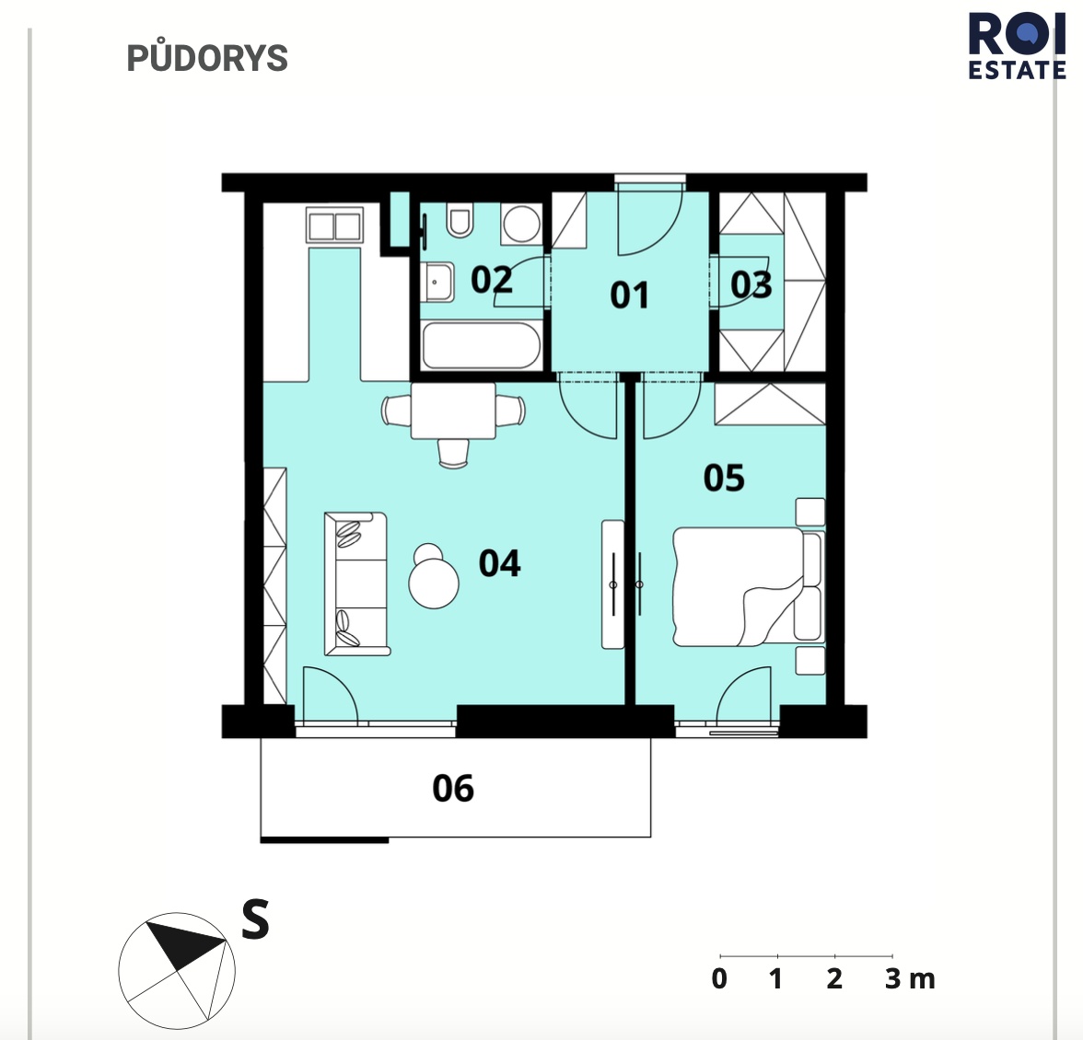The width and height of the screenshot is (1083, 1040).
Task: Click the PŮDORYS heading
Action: [x=207, y=58]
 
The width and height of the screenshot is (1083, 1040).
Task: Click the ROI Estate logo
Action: [x=1017, y=46]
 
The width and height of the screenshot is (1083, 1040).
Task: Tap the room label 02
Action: [x=492, y=280]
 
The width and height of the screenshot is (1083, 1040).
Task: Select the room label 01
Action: [x=629, y=295]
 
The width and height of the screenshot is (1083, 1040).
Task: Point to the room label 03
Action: [x=751, y=285]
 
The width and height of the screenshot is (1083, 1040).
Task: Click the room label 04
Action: [x=499, y=563]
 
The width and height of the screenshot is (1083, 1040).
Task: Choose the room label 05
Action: [x=724, y=478]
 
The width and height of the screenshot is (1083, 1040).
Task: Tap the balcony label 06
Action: [x=453, y=788]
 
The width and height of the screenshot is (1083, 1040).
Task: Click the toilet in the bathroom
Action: [x=460, y=219]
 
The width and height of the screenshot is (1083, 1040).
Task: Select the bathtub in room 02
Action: [x=482, y=345]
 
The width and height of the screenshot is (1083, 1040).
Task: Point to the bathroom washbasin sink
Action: [x=438, y=283]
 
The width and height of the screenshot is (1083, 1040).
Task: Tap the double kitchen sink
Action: [x=335, y=225]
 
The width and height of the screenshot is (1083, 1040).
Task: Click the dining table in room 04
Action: [x=453, y=411]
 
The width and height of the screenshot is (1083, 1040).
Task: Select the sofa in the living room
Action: [x=356, y=584]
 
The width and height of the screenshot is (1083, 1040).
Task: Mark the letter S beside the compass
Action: [x=256, y=919]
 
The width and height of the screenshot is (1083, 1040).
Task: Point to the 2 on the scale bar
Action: [x=834, y=979]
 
